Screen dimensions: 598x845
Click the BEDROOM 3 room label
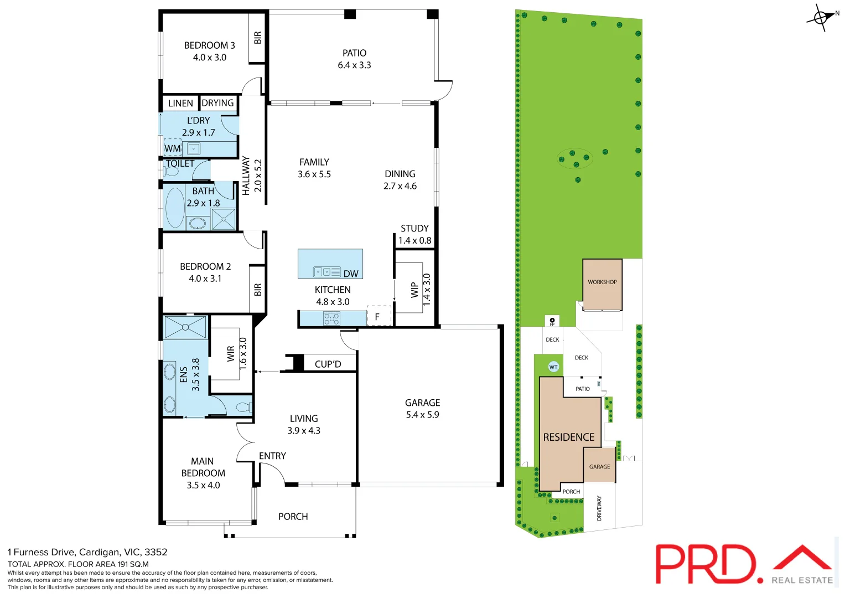coord(209,45)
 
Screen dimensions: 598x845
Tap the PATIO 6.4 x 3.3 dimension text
coord(354,65)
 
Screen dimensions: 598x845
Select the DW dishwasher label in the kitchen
coord(351,274)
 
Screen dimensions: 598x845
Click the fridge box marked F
coord(378,317)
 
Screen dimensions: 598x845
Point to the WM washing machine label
coord(172,148)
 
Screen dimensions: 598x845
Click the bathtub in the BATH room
coord(175,208)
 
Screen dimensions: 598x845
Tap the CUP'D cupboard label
coord(328,364)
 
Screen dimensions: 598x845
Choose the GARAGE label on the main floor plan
coord(422,403)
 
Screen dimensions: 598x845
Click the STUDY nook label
coord(414,228)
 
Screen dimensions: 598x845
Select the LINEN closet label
coord(180,104)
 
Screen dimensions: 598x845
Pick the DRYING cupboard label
coord(217,103)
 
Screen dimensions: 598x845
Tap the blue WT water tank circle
coord(553,367)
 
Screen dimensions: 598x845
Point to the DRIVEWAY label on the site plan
coord(599,508)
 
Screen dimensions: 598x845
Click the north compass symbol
coord(821,18)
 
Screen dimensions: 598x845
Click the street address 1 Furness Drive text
coord(87,552)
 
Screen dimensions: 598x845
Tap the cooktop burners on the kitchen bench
coord(331,318)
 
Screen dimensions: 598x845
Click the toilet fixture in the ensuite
coord(242,408)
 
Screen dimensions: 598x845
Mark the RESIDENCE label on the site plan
coord(568,437)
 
